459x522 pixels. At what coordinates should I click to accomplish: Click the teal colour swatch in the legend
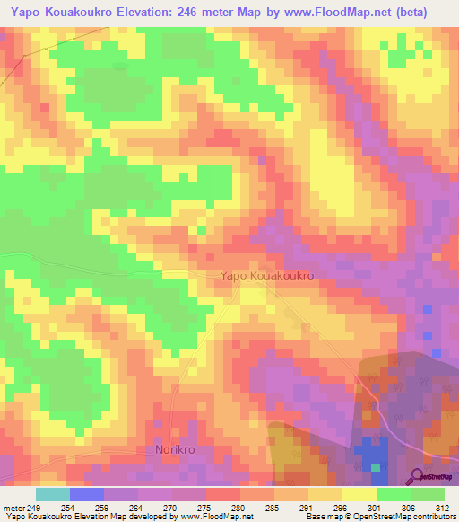coord(53,494)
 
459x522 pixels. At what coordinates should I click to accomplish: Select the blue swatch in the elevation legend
coord(87,494)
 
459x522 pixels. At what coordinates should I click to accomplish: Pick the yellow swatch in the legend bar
coord(359,494)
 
